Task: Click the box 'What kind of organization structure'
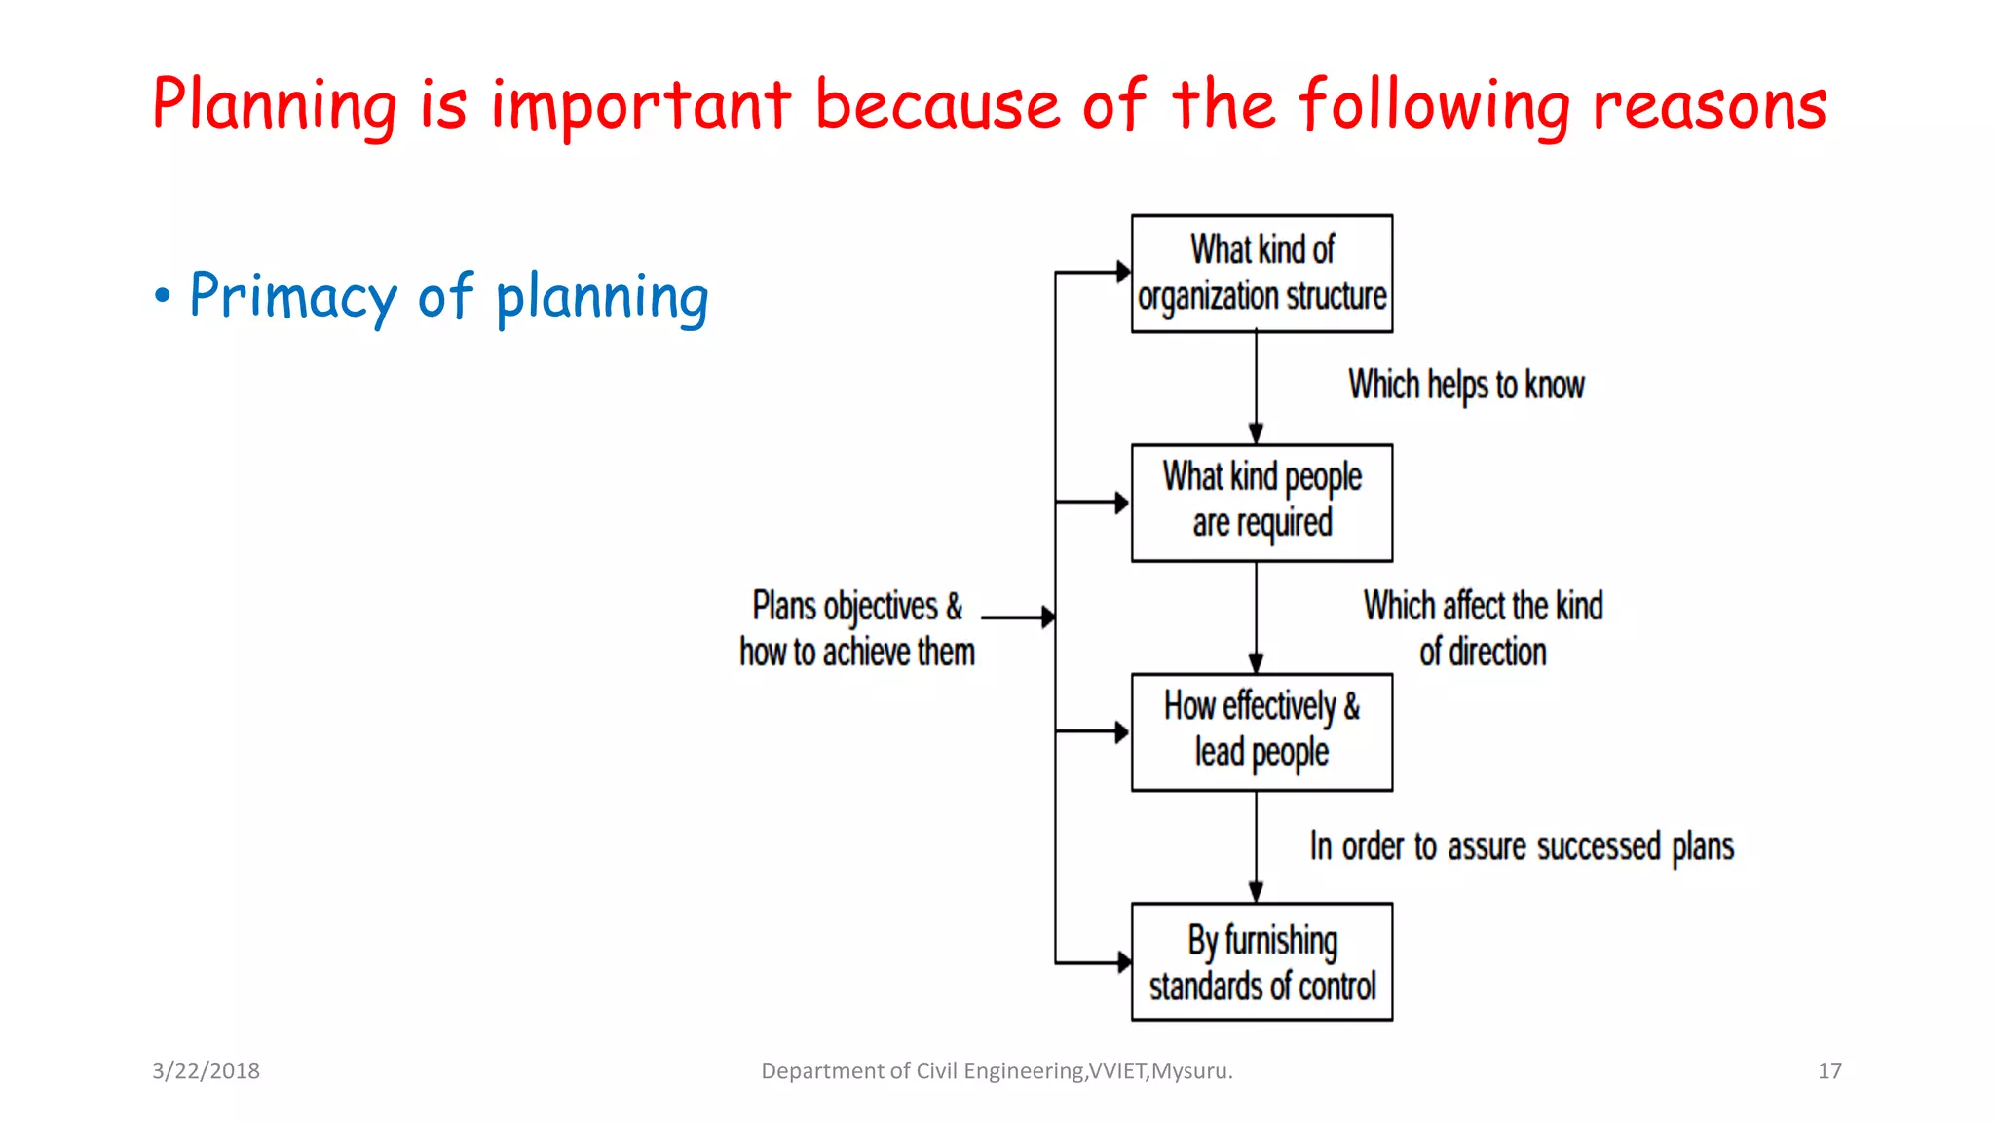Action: (1261, 274)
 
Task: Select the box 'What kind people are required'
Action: (1261, 503)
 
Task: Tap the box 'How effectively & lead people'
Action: (1261, 731)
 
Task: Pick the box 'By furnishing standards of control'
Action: (1261, 961)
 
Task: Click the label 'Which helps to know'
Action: (1466, 385)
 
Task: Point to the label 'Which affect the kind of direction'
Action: (1483, 628)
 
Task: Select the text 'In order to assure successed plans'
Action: (1522, 846)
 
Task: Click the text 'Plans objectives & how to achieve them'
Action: (856, 628)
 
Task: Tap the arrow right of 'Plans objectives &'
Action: (1018, 617)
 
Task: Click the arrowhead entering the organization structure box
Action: (1122, 272)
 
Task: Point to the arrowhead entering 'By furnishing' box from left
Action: (1122, 962)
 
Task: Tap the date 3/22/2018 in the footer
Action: (206, 1070)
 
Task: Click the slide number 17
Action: (1829, 1070)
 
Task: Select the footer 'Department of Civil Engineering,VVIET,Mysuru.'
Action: (997, 1070)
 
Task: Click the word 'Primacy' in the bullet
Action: (292, 296)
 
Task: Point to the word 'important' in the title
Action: (640, 104)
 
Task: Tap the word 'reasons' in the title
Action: (1710, 104)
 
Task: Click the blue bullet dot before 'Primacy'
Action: (162, 296)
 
